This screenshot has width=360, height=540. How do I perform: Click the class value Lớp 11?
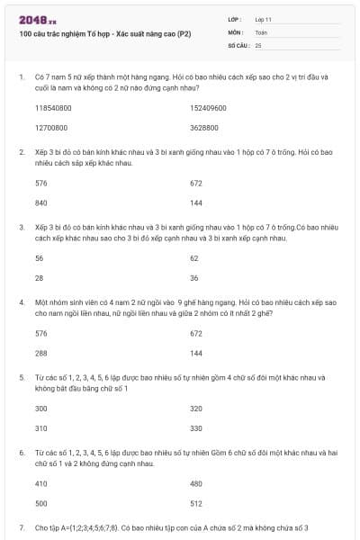point(264,19)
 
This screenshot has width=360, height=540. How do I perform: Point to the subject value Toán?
point(261,31)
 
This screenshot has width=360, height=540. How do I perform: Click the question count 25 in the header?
point(258,44)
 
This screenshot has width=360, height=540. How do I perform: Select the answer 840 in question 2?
point(40,202)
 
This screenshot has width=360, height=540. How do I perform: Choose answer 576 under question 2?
point(40,183)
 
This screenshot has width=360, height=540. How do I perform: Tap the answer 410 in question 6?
point(40,483)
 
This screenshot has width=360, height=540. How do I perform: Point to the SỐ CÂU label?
point(237,44)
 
